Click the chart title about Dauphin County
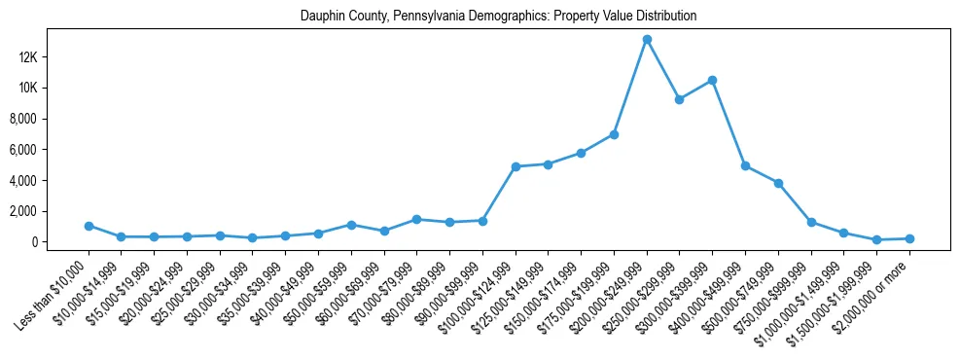tap(499, 17)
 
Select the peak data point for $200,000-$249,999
tap(647, 39)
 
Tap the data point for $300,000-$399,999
tap(712, 80)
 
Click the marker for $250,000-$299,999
tap(680, 99)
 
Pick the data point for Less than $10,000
tap(89, 226)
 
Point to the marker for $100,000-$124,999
tap(516, 166)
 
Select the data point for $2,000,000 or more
tap(909, 238)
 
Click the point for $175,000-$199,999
tap(614, 134)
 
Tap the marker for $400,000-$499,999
tap(745, 165)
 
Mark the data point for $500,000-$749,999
tap(778, 183)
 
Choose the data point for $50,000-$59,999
tap(351, 225)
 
